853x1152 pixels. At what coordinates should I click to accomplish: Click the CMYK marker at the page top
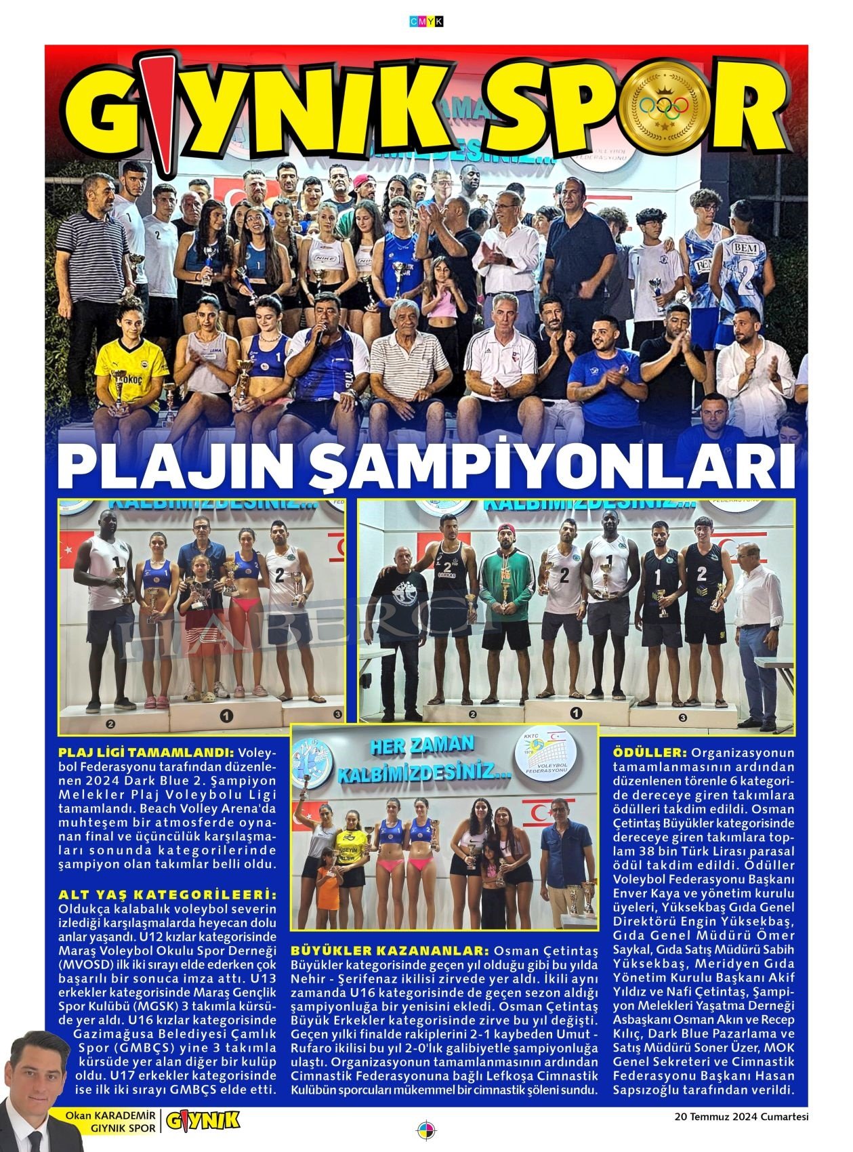[x=426, y=22]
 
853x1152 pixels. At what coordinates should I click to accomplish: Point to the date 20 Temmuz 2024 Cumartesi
[x=741, y=1116]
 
